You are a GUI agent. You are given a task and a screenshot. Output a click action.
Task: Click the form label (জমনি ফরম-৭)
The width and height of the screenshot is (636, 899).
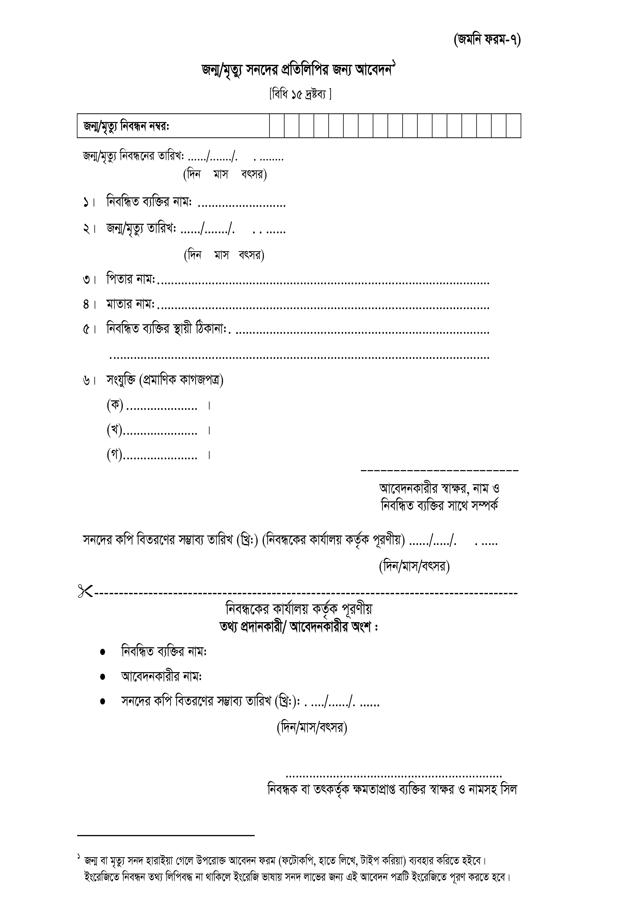tap(487, 40)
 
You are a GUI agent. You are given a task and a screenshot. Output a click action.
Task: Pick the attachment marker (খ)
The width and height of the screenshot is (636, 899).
tap(115, 430)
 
